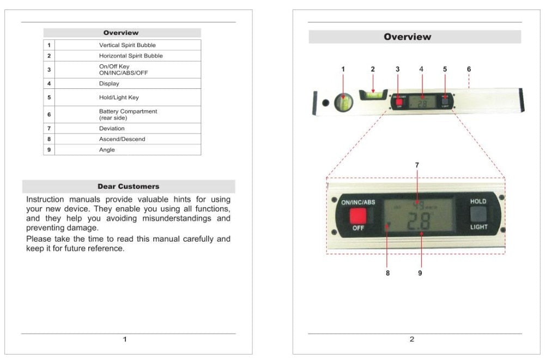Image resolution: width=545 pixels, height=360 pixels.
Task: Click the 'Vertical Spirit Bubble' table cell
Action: coord(127,45)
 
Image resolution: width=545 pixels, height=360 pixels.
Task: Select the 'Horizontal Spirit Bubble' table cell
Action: coord(130,56)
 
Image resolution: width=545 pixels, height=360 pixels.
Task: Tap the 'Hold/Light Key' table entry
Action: coord(119,98)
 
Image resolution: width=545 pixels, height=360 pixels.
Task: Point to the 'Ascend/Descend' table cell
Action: coord(122,139)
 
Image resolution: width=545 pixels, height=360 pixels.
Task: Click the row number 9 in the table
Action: coord(49,150)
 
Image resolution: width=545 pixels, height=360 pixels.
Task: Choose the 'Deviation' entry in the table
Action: coord(112,129)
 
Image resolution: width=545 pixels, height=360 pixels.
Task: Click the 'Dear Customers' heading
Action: coord(129,187)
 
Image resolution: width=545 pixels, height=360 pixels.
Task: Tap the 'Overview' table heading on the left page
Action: coord(121,33)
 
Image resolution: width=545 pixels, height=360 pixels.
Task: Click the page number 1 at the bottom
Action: coord(125,339)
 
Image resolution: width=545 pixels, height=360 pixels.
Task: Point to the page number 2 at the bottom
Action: coord(411,339)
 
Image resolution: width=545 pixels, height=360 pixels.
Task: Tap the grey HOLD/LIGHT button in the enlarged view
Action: coord(478,214)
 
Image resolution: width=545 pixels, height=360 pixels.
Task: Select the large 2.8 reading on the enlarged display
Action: coord(418,222)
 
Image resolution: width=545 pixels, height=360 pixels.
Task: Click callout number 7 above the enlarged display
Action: coord(417,165)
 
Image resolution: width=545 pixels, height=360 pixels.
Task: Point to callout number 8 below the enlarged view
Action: coord(387,273)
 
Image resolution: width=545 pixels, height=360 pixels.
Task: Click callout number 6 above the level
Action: coord(469,69)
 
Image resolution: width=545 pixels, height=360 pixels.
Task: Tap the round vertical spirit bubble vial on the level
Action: coord(343,101)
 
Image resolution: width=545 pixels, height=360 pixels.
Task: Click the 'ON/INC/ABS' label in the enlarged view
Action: coord(358,202)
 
